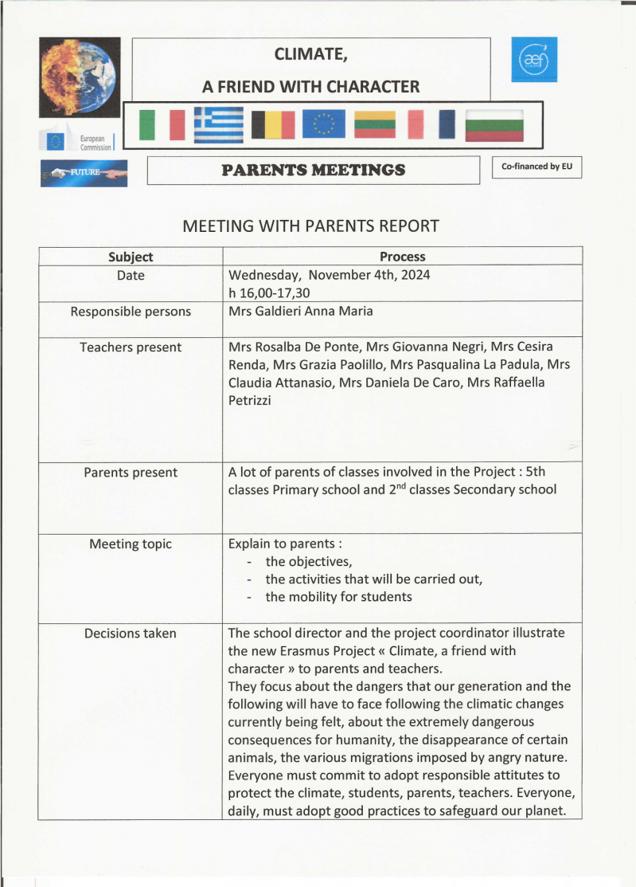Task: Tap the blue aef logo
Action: (534, 59)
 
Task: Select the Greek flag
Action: (219, 124)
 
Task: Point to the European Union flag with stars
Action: (323, 124)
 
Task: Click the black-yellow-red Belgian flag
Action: (273, 124)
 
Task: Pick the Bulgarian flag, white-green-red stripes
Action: (494, 124)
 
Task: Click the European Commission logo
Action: (78, 141)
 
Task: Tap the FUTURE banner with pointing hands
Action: (84, 172)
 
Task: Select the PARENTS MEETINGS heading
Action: (313, 170)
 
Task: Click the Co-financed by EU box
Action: (537, 167)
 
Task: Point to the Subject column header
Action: (131, 257)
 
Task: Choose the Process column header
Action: (402, 257)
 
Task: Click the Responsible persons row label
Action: (131, 312)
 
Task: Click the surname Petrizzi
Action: (249, 400)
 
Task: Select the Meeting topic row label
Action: (131, 544)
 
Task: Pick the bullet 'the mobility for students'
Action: (338, 597)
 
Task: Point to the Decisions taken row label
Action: (131, 634)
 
